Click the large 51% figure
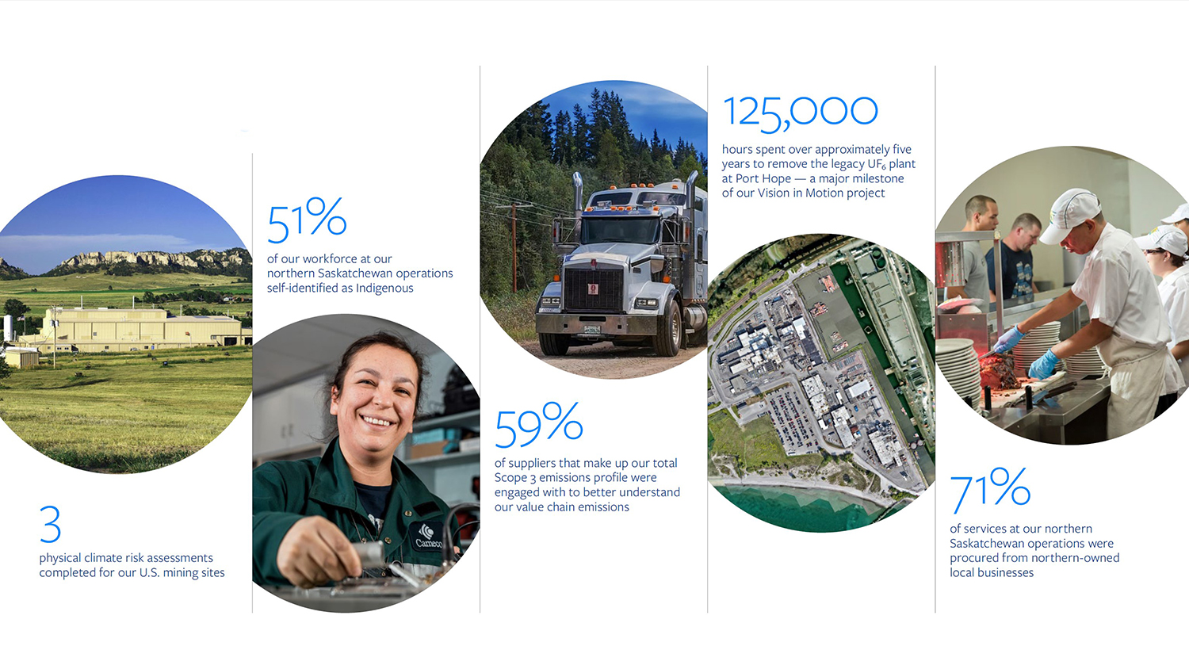coord(307,219)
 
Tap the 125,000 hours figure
coord(800,113)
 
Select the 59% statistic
coord(538,424)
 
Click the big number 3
coord(51,524)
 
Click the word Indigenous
coord(384,289)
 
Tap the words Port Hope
coord(763,179)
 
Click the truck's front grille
coord(594,289)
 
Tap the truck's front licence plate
coord(592,330)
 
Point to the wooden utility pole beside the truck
coord(514,247)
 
